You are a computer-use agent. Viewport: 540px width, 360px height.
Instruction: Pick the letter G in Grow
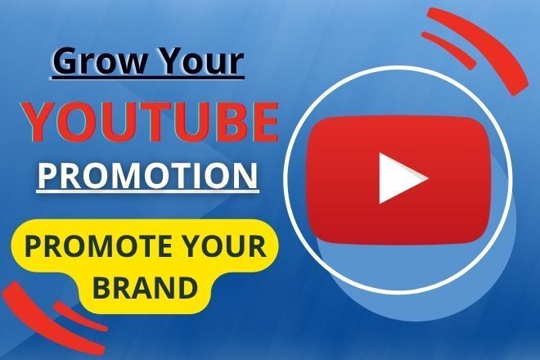pos(64,62)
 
